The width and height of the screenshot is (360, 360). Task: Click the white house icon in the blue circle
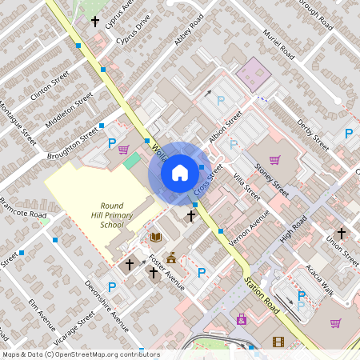pos(180,173)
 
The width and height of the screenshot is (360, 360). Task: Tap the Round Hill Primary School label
pos(112,214)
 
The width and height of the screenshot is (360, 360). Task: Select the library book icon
pos(155,237)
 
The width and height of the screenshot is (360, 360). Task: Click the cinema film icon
pos(278,342)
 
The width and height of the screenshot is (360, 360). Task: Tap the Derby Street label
pos(312,131)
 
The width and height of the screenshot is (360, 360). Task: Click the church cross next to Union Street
pos(341,234)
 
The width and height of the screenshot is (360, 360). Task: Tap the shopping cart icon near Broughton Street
pos(123,149)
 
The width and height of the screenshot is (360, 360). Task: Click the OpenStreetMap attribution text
pos(80,354)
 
